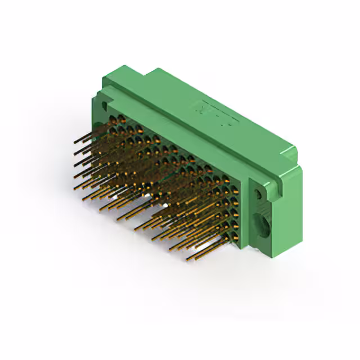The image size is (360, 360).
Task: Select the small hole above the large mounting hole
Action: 258,194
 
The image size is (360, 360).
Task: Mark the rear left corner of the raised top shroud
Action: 147,72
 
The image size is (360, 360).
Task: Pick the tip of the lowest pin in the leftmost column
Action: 75,186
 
